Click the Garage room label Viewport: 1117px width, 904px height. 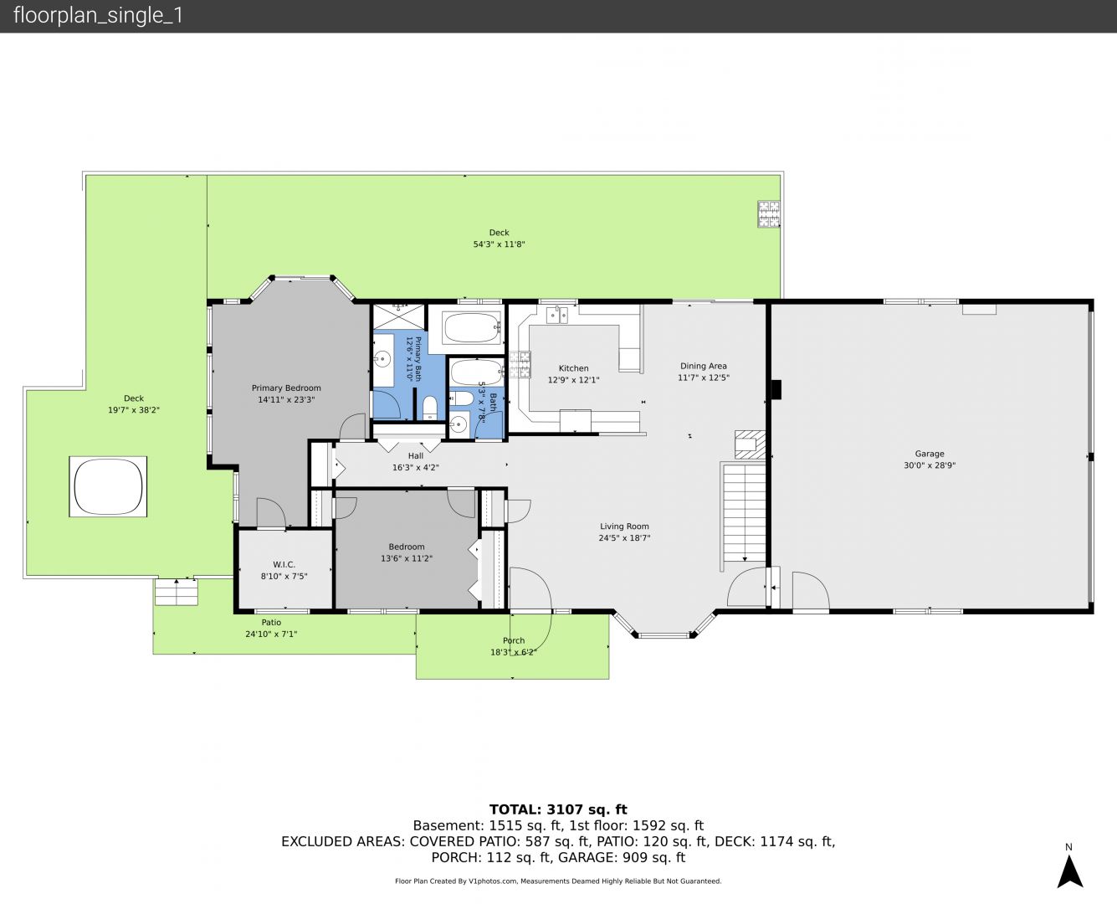[x=930, y=454]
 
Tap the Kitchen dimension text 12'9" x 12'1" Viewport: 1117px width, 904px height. [x=573, y=380]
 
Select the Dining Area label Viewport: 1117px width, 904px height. [x=703, y=367]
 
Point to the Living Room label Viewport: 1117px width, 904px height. [x=624, y=526]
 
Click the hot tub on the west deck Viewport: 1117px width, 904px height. [x=108, y=487]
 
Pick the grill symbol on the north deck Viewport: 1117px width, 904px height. [x=769, y=214]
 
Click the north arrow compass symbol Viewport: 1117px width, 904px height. [x=1070, y=871]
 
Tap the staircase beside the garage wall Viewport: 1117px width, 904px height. [x=745, y=514]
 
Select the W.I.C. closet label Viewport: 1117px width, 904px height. [x=284, y=564]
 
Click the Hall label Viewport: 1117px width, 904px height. [x=415, y=456]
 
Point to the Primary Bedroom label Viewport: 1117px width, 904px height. [x=286, y=388]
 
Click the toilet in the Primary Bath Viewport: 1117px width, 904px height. [x=430, y=408]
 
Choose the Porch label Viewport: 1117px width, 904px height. [x=514, y=640]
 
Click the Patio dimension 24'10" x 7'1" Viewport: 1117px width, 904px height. [x=271, y=634]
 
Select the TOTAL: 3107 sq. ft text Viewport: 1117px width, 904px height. [x=558, y=809]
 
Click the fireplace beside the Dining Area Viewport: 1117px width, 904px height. [x=750, y=445]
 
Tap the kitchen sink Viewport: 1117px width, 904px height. [x=557, y=316]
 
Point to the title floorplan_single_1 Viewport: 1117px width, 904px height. [x=98, y=16]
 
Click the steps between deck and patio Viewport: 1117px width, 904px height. [x=177, y=593]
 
